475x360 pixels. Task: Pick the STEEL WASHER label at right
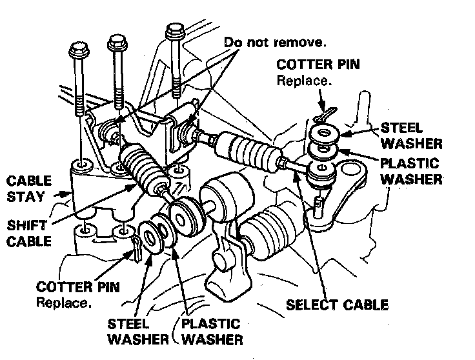[410, 135]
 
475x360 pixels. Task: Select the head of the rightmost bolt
[174, 30]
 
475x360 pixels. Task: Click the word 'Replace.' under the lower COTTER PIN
[64, 301]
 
